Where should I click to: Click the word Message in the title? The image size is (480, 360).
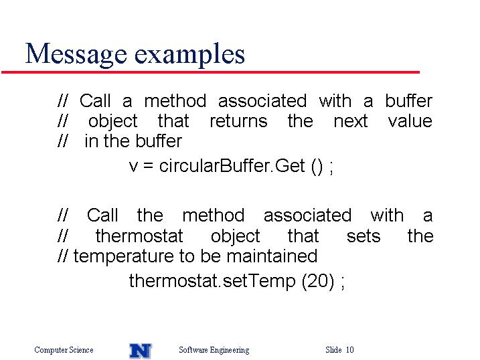pos(76,54)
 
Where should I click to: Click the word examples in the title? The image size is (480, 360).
pos(189,56)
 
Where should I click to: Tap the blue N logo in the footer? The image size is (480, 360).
pos(140,351)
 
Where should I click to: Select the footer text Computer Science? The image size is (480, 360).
pos(64,349)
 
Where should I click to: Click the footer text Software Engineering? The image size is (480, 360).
pos(214,350)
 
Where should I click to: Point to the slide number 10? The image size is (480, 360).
pos(350,349)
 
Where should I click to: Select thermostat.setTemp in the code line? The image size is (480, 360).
pos(212,280)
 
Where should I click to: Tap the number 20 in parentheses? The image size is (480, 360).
pos(318,280)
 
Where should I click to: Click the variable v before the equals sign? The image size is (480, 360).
pos(133,167)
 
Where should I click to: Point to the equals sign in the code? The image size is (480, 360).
pos(148,167)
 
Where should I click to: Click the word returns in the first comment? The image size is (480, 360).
pos(238,121)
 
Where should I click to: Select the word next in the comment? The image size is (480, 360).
pos(351,121)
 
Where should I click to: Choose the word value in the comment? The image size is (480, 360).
pos(410,120)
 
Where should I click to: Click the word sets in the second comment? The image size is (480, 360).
pos(364,236)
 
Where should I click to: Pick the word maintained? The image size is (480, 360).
pos(272,256)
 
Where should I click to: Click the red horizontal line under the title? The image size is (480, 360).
pos(211,72)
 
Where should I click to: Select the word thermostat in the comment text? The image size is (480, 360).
pos(139,236)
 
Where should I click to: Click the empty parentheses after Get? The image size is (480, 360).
pos(317,167)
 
